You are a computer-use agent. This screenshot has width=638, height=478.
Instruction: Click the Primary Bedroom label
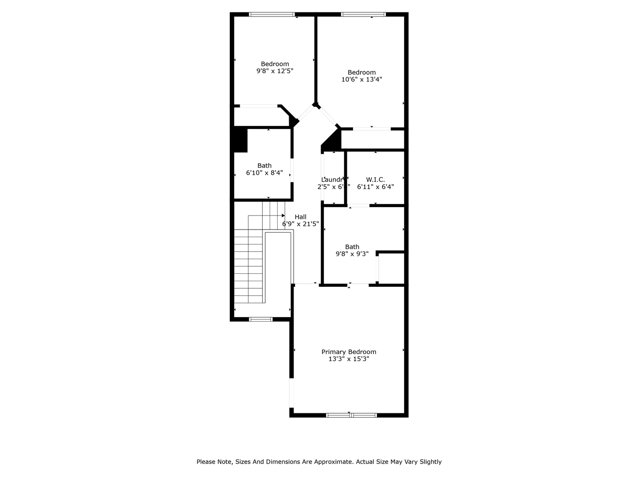coord(348,352)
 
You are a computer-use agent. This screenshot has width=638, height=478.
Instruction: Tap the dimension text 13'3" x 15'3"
coord(348,359)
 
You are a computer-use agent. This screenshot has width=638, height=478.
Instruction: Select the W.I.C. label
coord(375,179)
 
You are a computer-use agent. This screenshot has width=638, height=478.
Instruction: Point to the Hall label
coord(301,217)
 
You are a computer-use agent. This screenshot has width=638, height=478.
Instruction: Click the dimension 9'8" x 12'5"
coord(275,71)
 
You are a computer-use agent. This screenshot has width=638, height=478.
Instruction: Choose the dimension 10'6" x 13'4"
coord(361,80)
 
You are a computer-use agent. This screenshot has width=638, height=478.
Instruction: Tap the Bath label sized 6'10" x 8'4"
coord(265,166)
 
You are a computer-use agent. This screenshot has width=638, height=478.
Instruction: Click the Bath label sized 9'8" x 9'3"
coord(352,247)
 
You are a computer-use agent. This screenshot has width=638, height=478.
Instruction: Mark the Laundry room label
coord(332,180)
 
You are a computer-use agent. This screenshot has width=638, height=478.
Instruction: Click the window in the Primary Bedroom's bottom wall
coord(351,415)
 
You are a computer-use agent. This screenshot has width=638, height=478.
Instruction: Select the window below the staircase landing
coord(261,319)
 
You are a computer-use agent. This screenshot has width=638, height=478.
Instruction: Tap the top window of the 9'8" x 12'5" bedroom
coord(272,14)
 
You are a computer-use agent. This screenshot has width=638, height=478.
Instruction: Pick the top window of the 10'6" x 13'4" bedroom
coord(363,14)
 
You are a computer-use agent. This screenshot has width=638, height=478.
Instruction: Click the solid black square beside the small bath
coord(240,140)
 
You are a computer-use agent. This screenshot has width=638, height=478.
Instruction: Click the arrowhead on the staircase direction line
coord(283,216)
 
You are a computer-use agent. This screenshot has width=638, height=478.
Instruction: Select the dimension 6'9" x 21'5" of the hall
coord(301,224)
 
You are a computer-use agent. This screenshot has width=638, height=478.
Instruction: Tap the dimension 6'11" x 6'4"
coord(375,187)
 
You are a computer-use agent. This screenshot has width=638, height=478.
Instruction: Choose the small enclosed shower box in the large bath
coord(391,268)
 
